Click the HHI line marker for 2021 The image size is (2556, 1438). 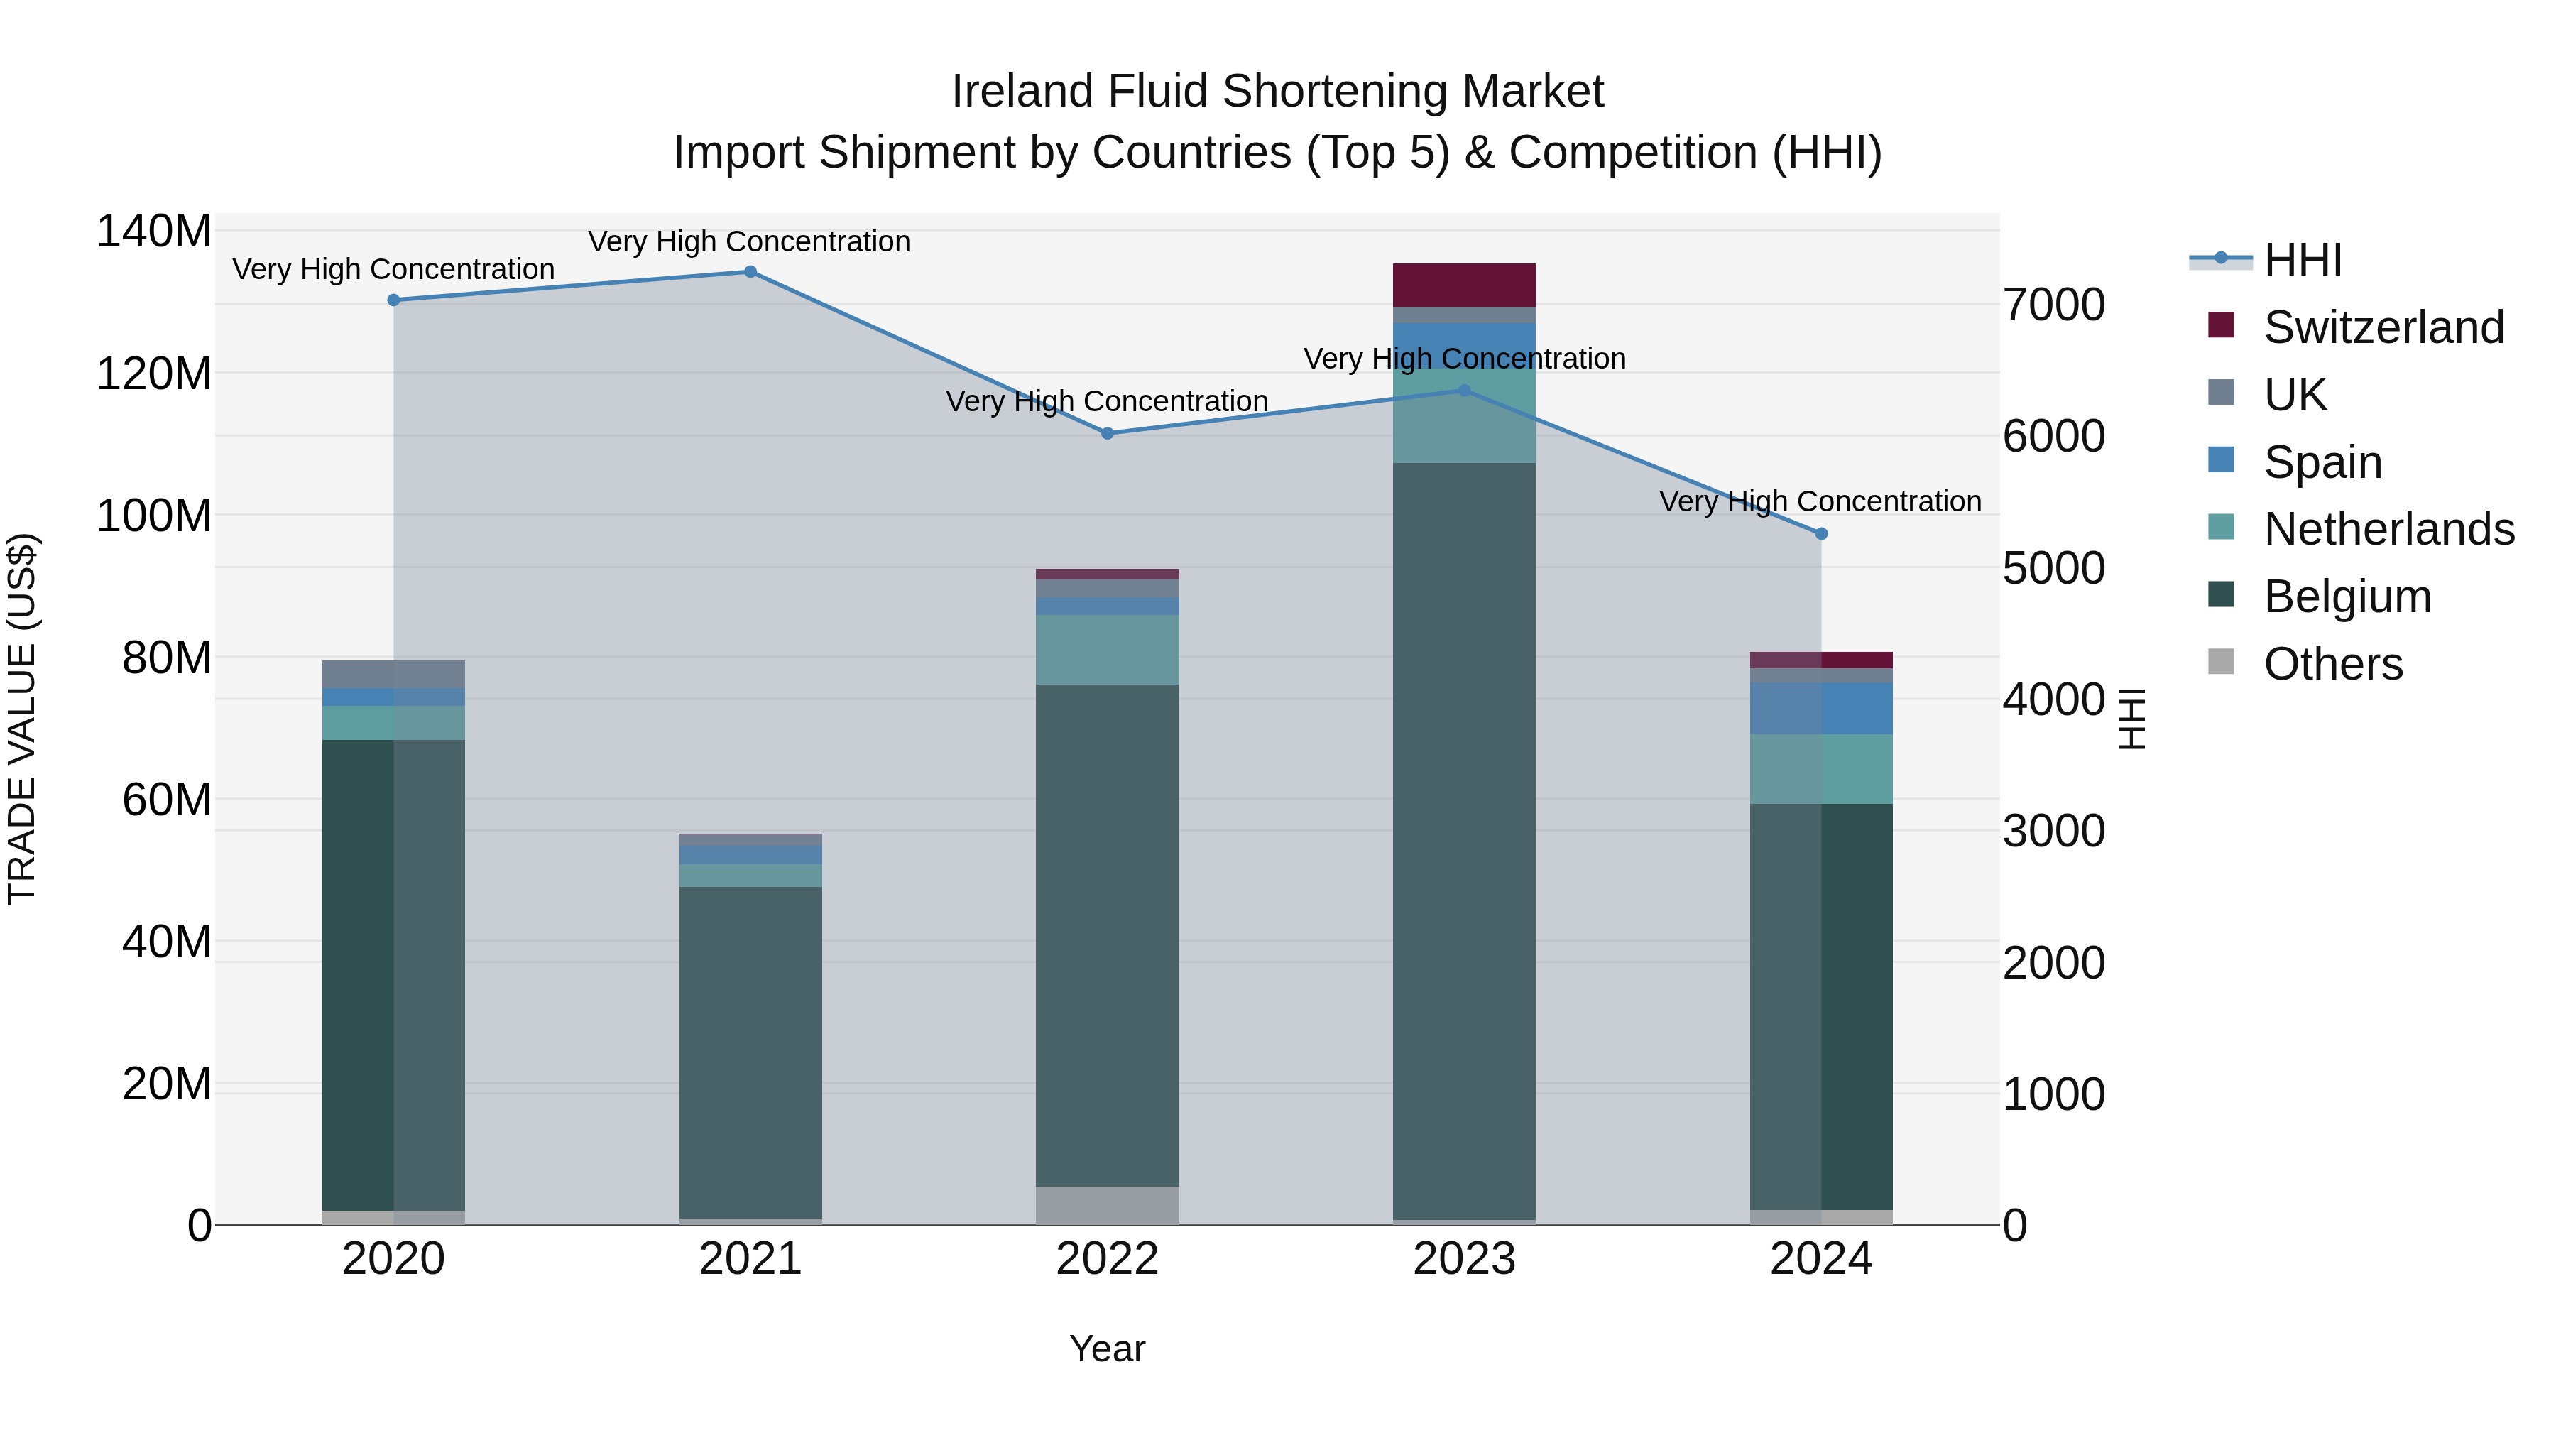(750, 272)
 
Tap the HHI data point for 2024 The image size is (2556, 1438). (1820, 534)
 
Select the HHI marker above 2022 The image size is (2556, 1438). (1108, 434)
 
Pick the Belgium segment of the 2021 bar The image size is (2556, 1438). (750, 1052)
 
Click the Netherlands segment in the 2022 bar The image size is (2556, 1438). (1108, 650)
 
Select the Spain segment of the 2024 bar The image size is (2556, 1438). (1820, 709)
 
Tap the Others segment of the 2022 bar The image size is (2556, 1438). (1108, 1205)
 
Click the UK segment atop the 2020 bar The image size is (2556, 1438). (394, 674)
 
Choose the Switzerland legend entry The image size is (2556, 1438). (2383, 327)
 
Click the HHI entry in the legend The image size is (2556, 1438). (2302, 260)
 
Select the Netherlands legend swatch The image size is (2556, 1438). (2221, 527)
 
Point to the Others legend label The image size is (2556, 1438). (2333, 664)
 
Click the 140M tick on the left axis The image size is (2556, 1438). (154, 232)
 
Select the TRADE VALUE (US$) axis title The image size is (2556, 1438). (22, 719)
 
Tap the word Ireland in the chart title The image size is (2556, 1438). (1022, 92)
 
